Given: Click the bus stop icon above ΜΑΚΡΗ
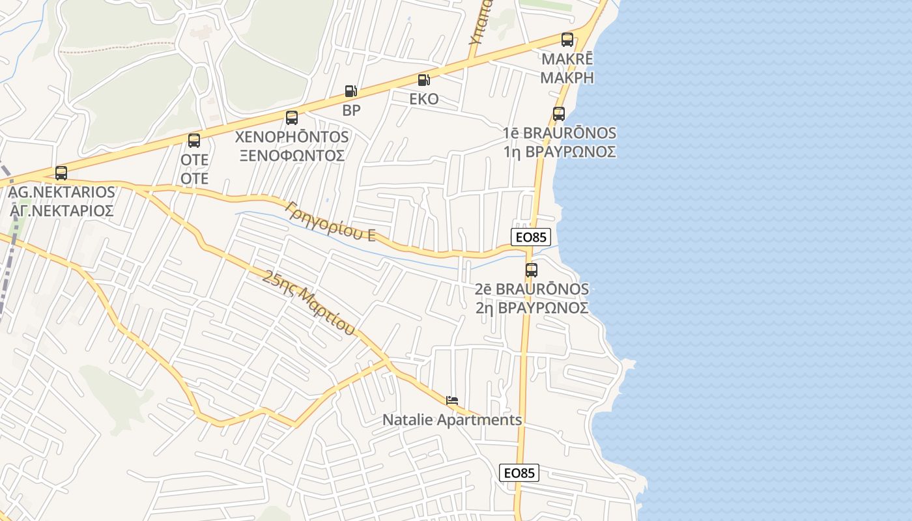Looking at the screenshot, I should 567,40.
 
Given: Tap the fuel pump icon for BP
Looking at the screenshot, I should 350,91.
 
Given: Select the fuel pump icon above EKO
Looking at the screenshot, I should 423,80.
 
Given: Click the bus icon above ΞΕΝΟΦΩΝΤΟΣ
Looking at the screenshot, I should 292,118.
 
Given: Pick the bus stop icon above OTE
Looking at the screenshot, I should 194,141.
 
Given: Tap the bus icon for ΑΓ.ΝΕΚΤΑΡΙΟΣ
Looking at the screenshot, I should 61,173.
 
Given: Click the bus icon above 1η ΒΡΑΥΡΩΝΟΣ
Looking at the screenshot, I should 558,114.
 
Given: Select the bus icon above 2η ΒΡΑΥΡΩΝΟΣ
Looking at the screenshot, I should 532,270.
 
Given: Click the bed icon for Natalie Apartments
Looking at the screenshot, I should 452,399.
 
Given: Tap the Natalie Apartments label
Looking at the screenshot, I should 452,420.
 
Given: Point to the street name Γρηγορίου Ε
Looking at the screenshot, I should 330,221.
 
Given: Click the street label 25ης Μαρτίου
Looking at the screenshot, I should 309,303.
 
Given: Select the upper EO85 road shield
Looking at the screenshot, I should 532,237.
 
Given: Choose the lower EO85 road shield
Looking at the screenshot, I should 519,473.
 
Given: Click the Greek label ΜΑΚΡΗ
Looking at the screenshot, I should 567,77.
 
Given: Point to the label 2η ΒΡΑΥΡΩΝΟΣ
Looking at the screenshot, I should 532,307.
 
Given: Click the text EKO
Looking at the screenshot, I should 423,100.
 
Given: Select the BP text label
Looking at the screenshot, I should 351,111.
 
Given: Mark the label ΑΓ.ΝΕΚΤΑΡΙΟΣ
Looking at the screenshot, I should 62,210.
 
